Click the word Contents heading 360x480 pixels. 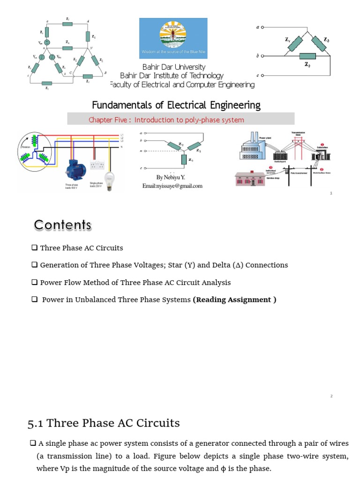pyautogui.click(x=63, y=225)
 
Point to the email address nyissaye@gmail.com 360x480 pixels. pyautogui.click(x=172, y=186)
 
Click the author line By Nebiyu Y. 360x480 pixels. pyautogui.click(x=172, y=178)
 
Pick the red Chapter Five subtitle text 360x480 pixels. pyautogui.click(x=166, y=120)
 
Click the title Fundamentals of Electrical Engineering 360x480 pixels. pyautogui.click(x=176, y=105)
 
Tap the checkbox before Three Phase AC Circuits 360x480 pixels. pyautogui.click(x=34, y=247)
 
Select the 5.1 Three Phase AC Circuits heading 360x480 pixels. pyautogui.click(x=104, y=423)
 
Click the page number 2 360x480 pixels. pyautogui.click(x=331, y=396)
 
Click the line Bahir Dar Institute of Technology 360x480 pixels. pyautogui.click(x=172, y=76)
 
